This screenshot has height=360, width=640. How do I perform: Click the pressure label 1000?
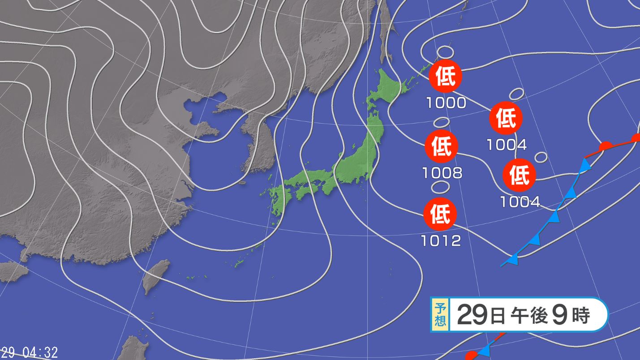446,103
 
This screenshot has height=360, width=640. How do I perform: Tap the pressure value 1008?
442,173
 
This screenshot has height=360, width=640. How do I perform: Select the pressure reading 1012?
441,241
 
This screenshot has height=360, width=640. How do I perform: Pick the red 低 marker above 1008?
441,146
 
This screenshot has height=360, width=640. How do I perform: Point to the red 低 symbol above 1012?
440,214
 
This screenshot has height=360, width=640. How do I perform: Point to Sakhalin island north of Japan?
384,31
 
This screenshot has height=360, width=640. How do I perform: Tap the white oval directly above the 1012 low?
440,186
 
